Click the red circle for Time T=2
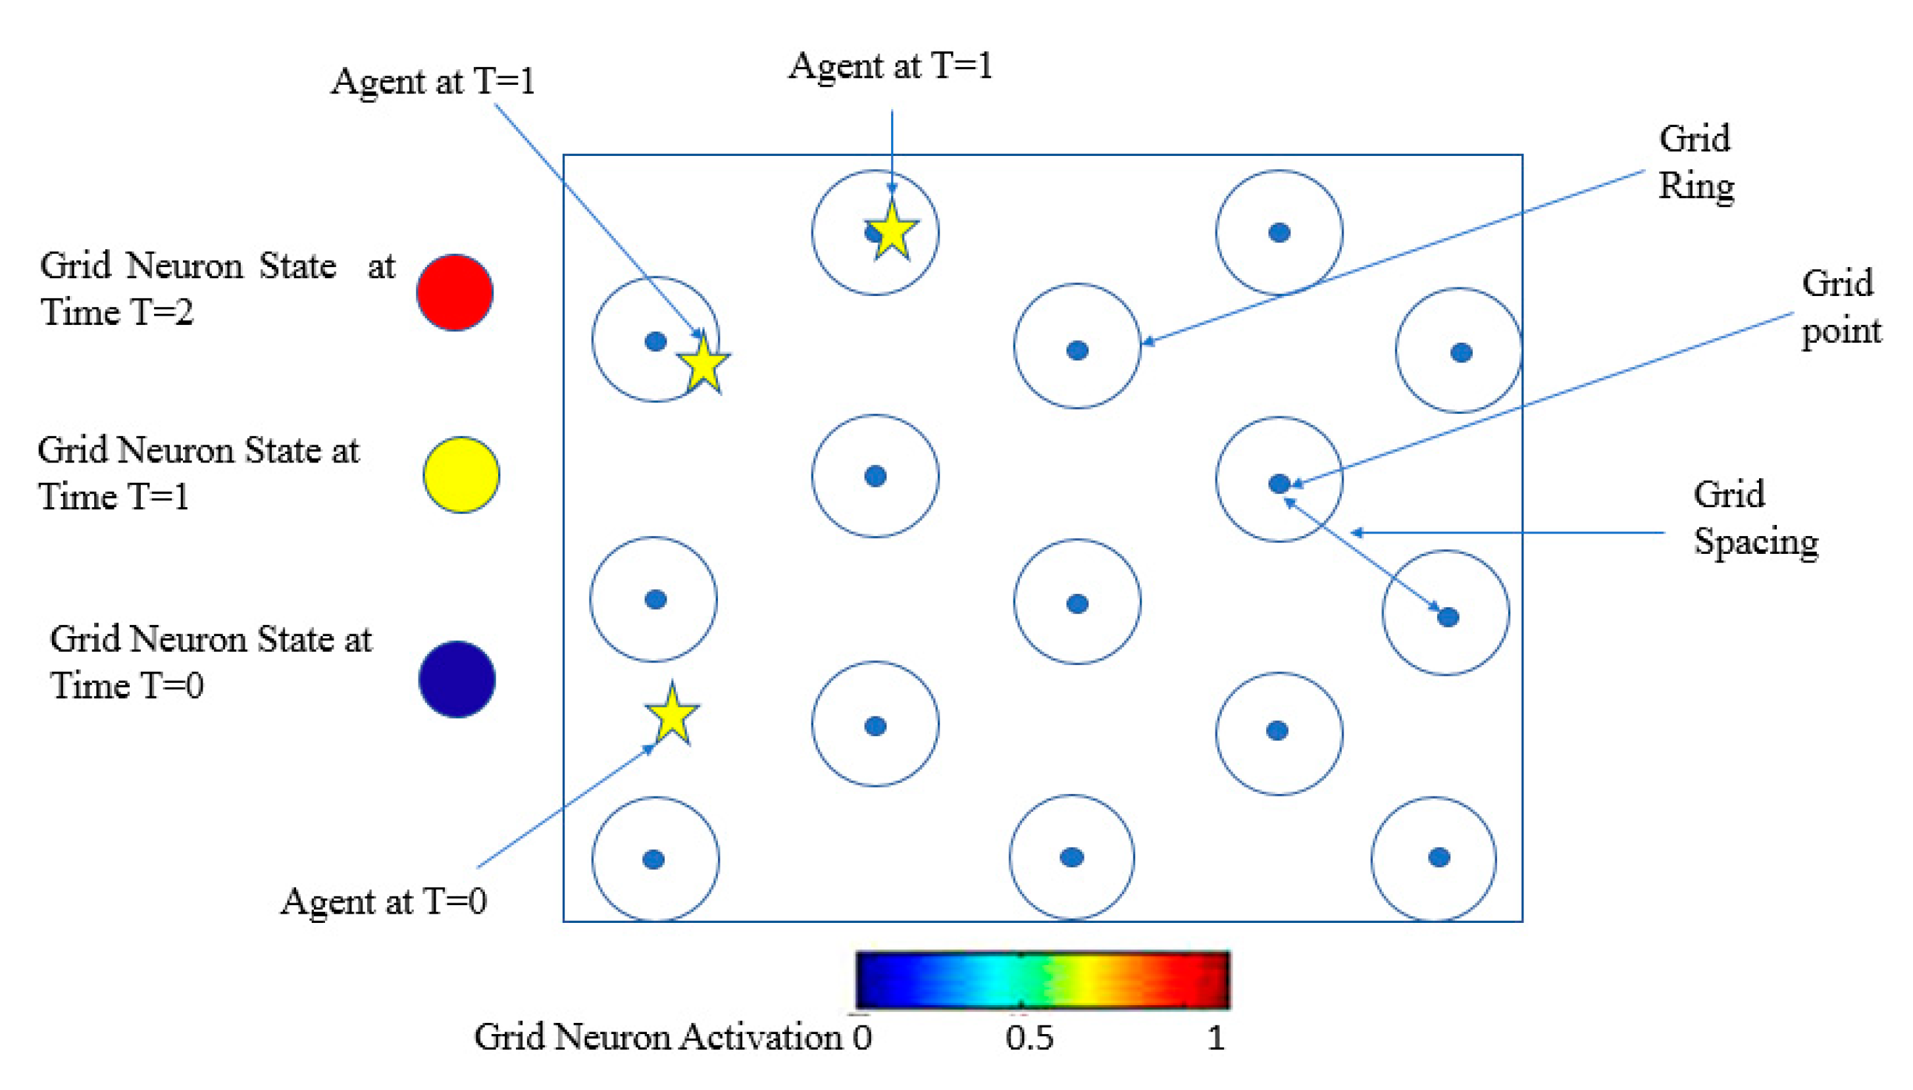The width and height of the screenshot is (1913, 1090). [455, 292]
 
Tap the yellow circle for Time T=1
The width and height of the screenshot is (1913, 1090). [461, 475]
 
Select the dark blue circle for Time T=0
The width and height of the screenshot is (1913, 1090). [457, 679]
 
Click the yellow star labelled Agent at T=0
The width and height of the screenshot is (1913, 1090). [672, 715]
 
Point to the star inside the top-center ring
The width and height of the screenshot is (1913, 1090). [892, 232]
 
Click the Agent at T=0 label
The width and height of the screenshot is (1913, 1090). [384, 901]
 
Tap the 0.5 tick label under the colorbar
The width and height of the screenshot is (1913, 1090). [1029, 1037]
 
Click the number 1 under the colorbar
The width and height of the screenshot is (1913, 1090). [1215, 1037]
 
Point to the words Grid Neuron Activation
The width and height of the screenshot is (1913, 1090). [659, 1037]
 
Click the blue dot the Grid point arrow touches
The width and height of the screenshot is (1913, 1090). [1279, 483]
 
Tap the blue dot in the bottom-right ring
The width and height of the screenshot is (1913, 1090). [1439, 857]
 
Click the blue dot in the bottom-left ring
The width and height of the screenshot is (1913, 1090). [653, 858]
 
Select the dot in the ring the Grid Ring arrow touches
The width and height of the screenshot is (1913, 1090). [1077, 351]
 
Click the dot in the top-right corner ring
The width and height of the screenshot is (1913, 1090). [1279, 233]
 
